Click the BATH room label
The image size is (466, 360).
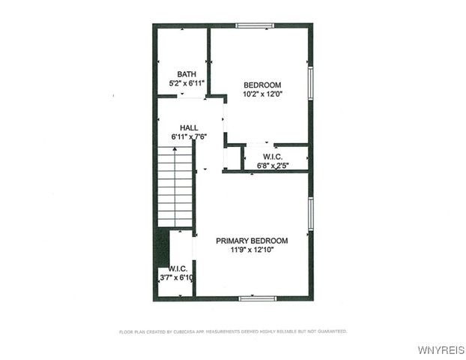(186, 73)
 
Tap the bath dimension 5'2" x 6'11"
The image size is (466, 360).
(186, 83)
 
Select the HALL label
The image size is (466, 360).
(189, 127)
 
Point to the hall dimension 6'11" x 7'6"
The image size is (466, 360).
(189, 137)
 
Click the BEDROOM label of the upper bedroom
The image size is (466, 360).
(262, 85)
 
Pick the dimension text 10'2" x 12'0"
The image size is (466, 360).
(262, 94)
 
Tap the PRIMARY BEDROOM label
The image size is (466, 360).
(252, 241)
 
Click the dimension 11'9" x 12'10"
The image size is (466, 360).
(252, 250)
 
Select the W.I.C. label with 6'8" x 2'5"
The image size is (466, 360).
(272, 157)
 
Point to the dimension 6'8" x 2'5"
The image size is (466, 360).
(272, 166)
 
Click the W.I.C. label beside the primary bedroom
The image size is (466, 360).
(178, 268)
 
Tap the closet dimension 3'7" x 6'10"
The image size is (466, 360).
(177, 277)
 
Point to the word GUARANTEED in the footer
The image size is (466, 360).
(330, 331)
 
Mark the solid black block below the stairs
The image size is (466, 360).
(162, 247)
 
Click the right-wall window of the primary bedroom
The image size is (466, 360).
(310, 214)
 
